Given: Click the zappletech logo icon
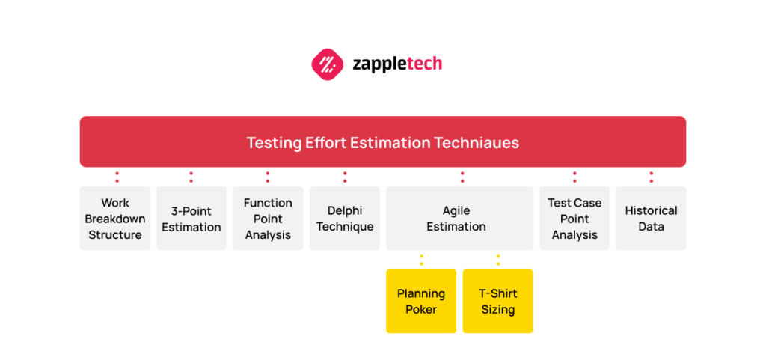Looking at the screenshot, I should coord(326,64).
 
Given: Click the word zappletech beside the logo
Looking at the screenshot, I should coord(397,64).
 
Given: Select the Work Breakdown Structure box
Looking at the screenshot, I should coord(115,219).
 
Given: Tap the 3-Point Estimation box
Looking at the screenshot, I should coord(191,219).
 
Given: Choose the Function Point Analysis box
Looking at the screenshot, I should coord(268,219).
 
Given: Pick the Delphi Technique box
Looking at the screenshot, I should coord(345,219).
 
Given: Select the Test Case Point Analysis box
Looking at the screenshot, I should coord(574,219).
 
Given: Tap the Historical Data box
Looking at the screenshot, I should coord(651,219).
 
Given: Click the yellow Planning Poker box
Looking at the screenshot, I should coord(421,301).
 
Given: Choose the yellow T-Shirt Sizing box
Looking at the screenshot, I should coord(497,301).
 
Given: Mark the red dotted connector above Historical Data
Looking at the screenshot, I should coord(652,177).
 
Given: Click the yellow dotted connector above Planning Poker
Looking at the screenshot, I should coord(421,260).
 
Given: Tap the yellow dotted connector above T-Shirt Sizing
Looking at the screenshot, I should coord(498,260).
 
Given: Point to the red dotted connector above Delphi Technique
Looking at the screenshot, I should coord(345,177).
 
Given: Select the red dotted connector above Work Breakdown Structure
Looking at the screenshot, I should coord(117,177).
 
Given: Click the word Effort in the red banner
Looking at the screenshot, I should coord(325,142).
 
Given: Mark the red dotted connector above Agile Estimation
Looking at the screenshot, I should coord(462,177).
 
